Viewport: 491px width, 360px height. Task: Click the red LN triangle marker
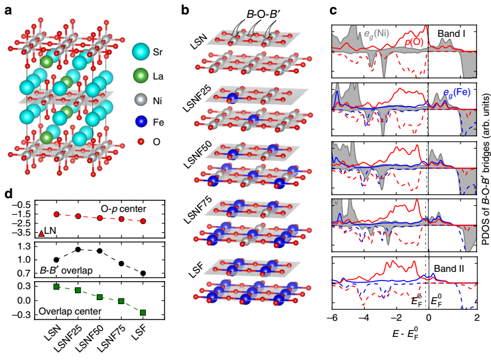[41, 233]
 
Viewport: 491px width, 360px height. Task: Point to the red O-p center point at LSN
[56, 214]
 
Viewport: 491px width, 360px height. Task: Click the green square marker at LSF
[143, 312]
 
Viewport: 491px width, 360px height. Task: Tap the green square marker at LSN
[56, 286]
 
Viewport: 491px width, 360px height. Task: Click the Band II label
[454, 268]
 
